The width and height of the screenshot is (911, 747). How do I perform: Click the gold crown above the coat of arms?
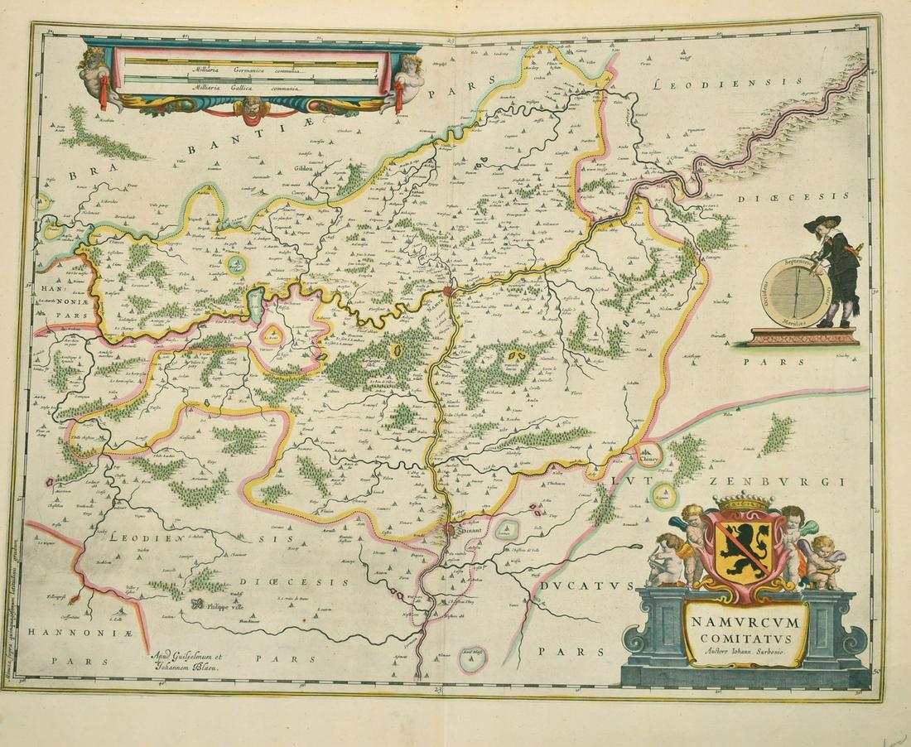point(743,503)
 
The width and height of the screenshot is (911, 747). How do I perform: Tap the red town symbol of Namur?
point(448,291)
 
